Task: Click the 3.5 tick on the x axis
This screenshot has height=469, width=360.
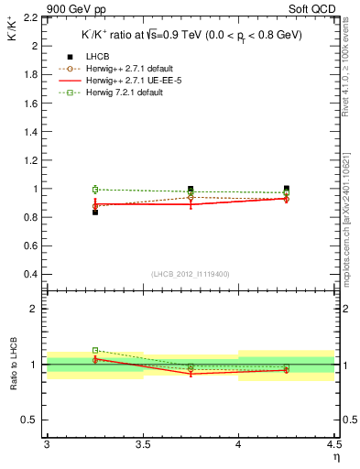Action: pos(142,445)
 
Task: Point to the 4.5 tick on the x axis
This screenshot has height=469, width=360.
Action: pos(333,445)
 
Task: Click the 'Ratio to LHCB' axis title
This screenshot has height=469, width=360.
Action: pos(12,365)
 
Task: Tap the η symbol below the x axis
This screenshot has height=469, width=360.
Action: pos(335,456)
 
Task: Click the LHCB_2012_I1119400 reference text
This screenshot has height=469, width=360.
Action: pos(191,274)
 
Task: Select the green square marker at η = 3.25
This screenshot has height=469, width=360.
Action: pos(94,190)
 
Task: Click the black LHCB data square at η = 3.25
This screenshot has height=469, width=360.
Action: pos(94,212)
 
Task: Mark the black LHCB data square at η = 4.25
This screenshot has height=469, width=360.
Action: pos(286,189)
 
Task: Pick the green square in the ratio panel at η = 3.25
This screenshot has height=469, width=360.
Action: pos(94,350)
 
